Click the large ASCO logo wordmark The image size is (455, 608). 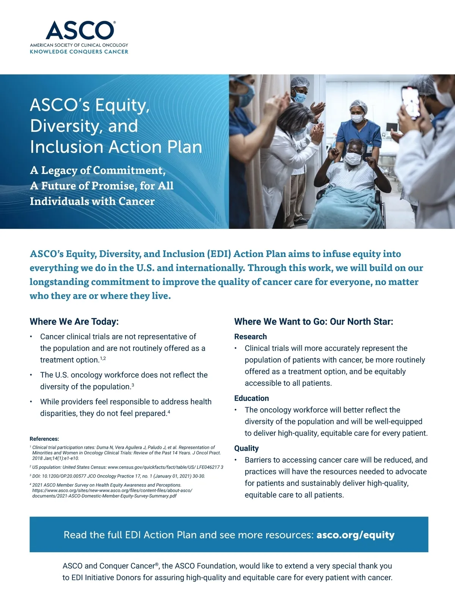pos(80,30)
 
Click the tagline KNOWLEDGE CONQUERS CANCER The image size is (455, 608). pos(79,52)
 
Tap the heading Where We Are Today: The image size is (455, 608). pos(74,322)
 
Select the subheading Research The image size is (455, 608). pos(250,337)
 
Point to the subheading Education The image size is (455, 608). pos(251,398)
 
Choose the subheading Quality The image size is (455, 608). pos(246,448)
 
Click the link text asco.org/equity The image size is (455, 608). pos(355,535)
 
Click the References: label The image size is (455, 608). pos(44,439)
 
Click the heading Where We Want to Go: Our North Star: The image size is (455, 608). pos(314,322)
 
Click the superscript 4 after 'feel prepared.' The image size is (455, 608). pos(169,412)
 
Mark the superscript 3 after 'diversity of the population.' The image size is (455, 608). pos(133,385)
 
